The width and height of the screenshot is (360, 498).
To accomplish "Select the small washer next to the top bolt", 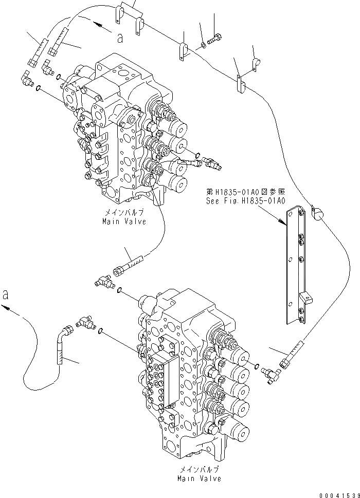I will pos(204,45).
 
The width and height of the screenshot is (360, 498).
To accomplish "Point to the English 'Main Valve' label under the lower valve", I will pos(199,478).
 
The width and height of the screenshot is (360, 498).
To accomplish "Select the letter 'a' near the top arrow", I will pos(120,36).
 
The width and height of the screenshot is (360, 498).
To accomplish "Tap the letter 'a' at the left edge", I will pos(6,294).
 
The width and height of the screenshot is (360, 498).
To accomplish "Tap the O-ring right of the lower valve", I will pos(256,366).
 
